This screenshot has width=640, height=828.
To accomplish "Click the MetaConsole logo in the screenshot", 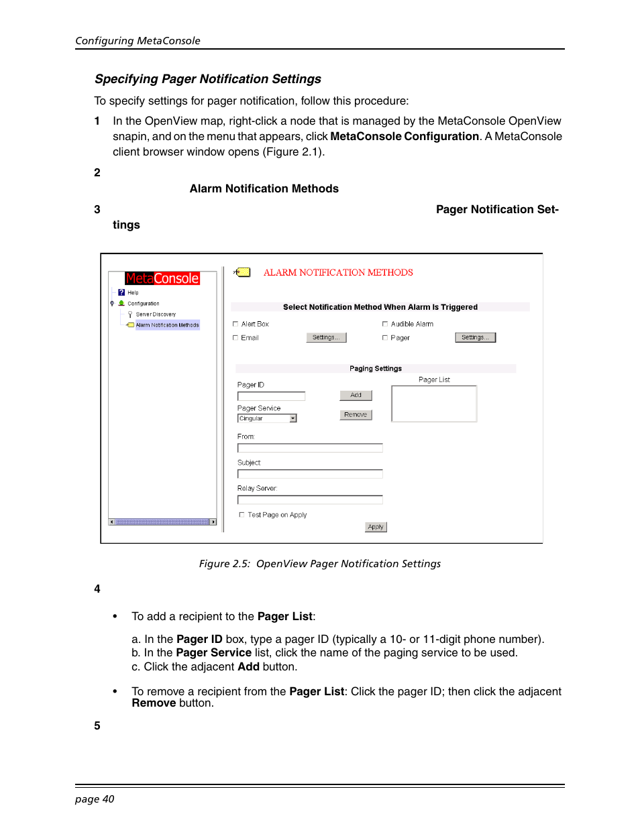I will tap(162, 278).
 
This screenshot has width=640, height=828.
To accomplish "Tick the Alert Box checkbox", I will tap(235, 324).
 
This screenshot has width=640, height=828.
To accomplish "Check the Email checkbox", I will tap(235, 338).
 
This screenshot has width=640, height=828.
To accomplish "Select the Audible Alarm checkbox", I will tap(385, 324).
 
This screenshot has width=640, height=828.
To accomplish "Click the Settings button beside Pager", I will tap(475, 337).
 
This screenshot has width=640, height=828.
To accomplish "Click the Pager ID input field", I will tap(271, 396).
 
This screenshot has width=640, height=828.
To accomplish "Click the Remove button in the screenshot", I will tap(356, 415).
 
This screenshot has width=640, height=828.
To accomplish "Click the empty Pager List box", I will tap(433, 404).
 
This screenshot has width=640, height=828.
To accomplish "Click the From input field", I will tap(310, 448).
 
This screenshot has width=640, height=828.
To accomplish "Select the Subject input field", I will tap(310, 474).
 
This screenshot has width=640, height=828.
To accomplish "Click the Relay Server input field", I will tap(310, 499).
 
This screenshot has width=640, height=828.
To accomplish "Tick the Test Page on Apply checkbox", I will tap(242, 515).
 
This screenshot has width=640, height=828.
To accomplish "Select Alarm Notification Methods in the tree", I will tap(167, 325).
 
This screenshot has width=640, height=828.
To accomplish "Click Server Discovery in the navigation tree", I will tap(156, 314).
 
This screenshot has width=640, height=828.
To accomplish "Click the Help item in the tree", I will tap(133, 293).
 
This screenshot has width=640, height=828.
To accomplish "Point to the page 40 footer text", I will tap(95, 799).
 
